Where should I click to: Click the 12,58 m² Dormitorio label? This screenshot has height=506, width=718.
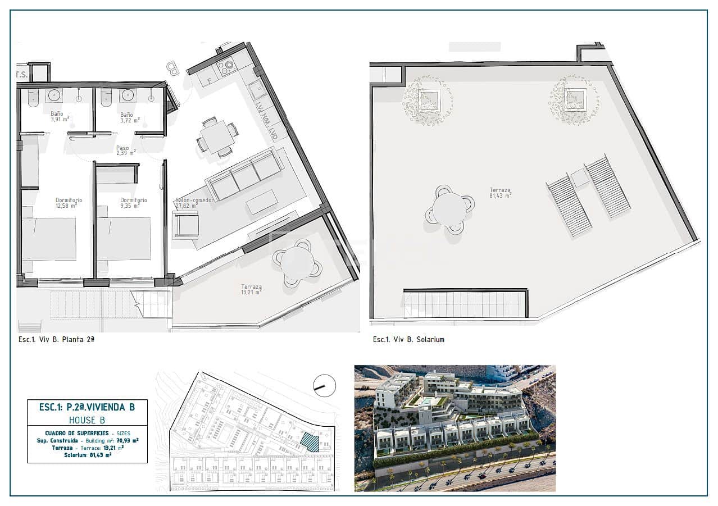coord(69,203)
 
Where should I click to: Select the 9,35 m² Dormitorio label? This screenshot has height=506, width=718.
coord(133,203)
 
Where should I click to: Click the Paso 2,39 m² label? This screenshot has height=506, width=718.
coord(125,150)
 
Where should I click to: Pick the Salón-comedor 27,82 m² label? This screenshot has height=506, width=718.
coord(193,203)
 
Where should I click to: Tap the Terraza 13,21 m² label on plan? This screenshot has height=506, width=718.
coord(251,290)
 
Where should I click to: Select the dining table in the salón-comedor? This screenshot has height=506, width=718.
coord(217,136)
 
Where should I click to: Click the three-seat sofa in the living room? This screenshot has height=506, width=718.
coord(244,174)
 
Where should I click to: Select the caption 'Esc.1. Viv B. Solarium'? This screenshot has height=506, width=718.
coord(408,340)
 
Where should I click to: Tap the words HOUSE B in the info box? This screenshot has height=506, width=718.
coord(87,420)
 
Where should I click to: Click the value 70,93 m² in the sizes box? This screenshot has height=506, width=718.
coord(127,440)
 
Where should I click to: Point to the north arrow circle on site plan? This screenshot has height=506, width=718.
coord(324,386)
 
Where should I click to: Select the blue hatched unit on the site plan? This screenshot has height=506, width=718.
coord(310,442)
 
